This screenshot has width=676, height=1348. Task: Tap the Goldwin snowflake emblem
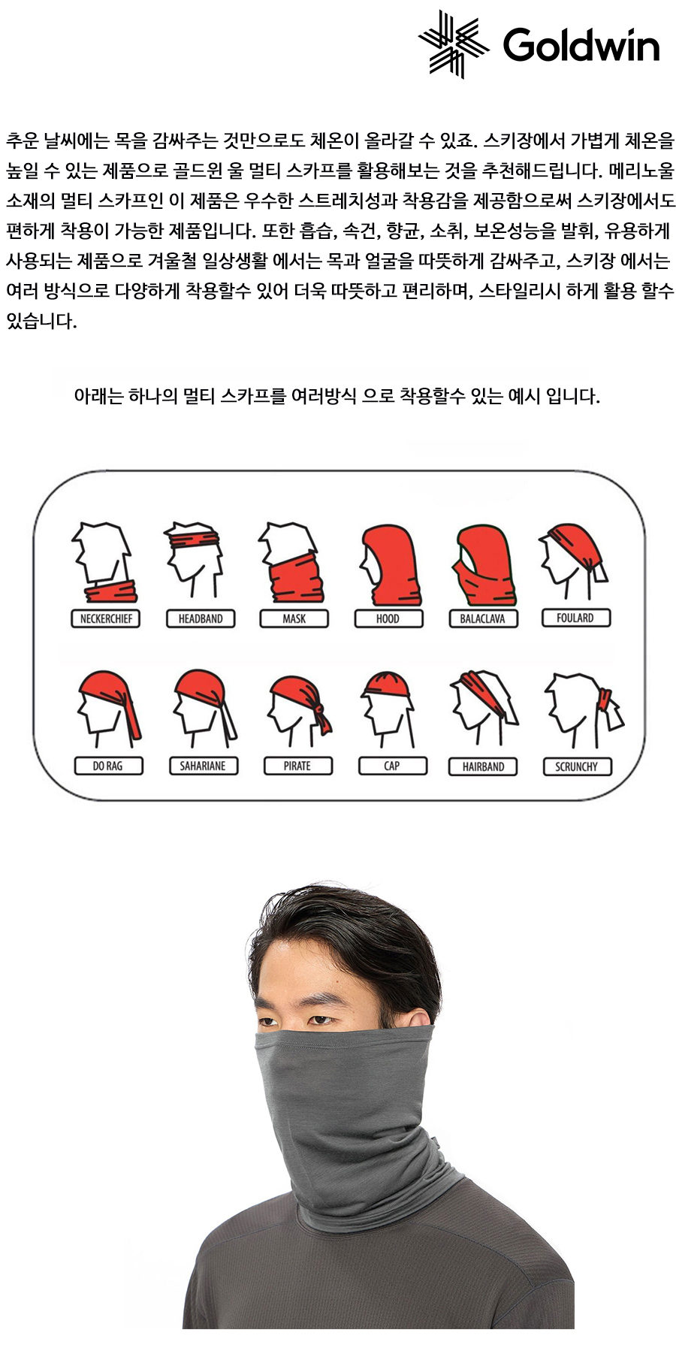[x=454, y=44]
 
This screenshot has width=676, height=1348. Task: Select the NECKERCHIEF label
[x=106, y=618]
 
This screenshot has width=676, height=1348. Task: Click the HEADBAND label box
[x=201, y=618]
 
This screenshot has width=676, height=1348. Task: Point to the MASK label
[x=294, y=618]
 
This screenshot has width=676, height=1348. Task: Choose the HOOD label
[x=388, y=618]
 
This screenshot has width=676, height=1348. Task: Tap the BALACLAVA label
[x=483, y=618]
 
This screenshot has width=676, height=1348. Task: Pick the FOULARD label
[x=576, y=618]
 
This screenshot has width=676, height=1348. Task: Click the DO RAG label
[x=108, y=766]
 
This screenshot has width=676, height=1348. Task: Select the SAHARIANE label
[x=203, y=766]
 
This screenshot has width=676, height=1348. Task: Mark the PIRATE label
[x=297, y=766]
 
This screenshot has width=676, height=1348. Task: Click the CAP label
[x=392, y=766]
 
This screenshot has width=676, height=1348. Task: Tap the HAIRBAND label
[x=484, y=766]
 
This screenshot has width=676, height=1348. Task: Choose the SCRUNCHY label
[x=577, y=766]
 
